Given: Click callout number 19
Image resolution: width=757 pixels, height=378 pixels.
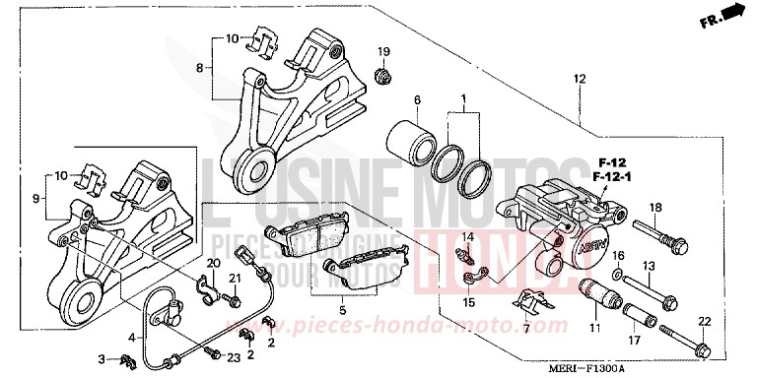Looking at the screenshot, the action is click(x=383, y=51).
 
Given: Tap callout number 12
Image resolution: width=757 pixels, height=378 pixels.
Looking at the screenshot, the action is click(x=579, y=79).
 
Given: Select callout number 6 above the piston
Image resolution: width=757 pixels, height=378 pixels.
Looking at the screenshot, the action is click(x=417, y=100).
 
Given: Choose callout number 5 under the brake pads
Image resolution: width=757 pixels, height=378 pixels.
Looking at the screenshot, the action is click(x=342, y=310).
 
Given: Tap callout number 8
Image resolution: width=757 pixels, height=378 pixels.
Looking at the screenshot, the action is click(x=199, y=68).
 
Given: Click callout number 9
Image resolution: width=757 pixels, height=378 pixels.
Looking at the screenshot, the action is click(x=37, y=197).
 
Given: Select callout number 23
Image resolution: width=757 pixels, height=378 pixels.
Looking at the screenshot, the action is click(x=234, y=356).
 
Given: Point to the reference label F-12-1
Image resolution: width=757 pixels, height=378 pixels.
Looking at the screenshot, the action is click(x=613, y=174).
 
